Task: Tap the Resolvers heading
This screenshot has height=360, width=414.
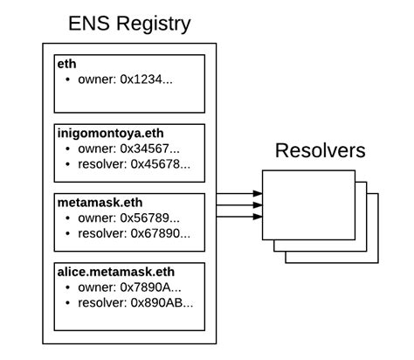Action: [x=321, y=150]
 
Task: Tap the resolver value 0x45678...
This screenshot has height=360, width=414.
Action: [x=159, y=163]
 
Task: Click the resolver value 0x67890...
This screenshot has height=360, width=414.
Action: [x=159, y=233]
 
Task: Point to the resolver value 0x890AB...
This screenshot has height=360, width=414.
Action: [x=162, y=302]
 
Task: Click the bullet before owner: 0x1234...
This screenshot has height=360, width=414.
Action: [x=69, y=80]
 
